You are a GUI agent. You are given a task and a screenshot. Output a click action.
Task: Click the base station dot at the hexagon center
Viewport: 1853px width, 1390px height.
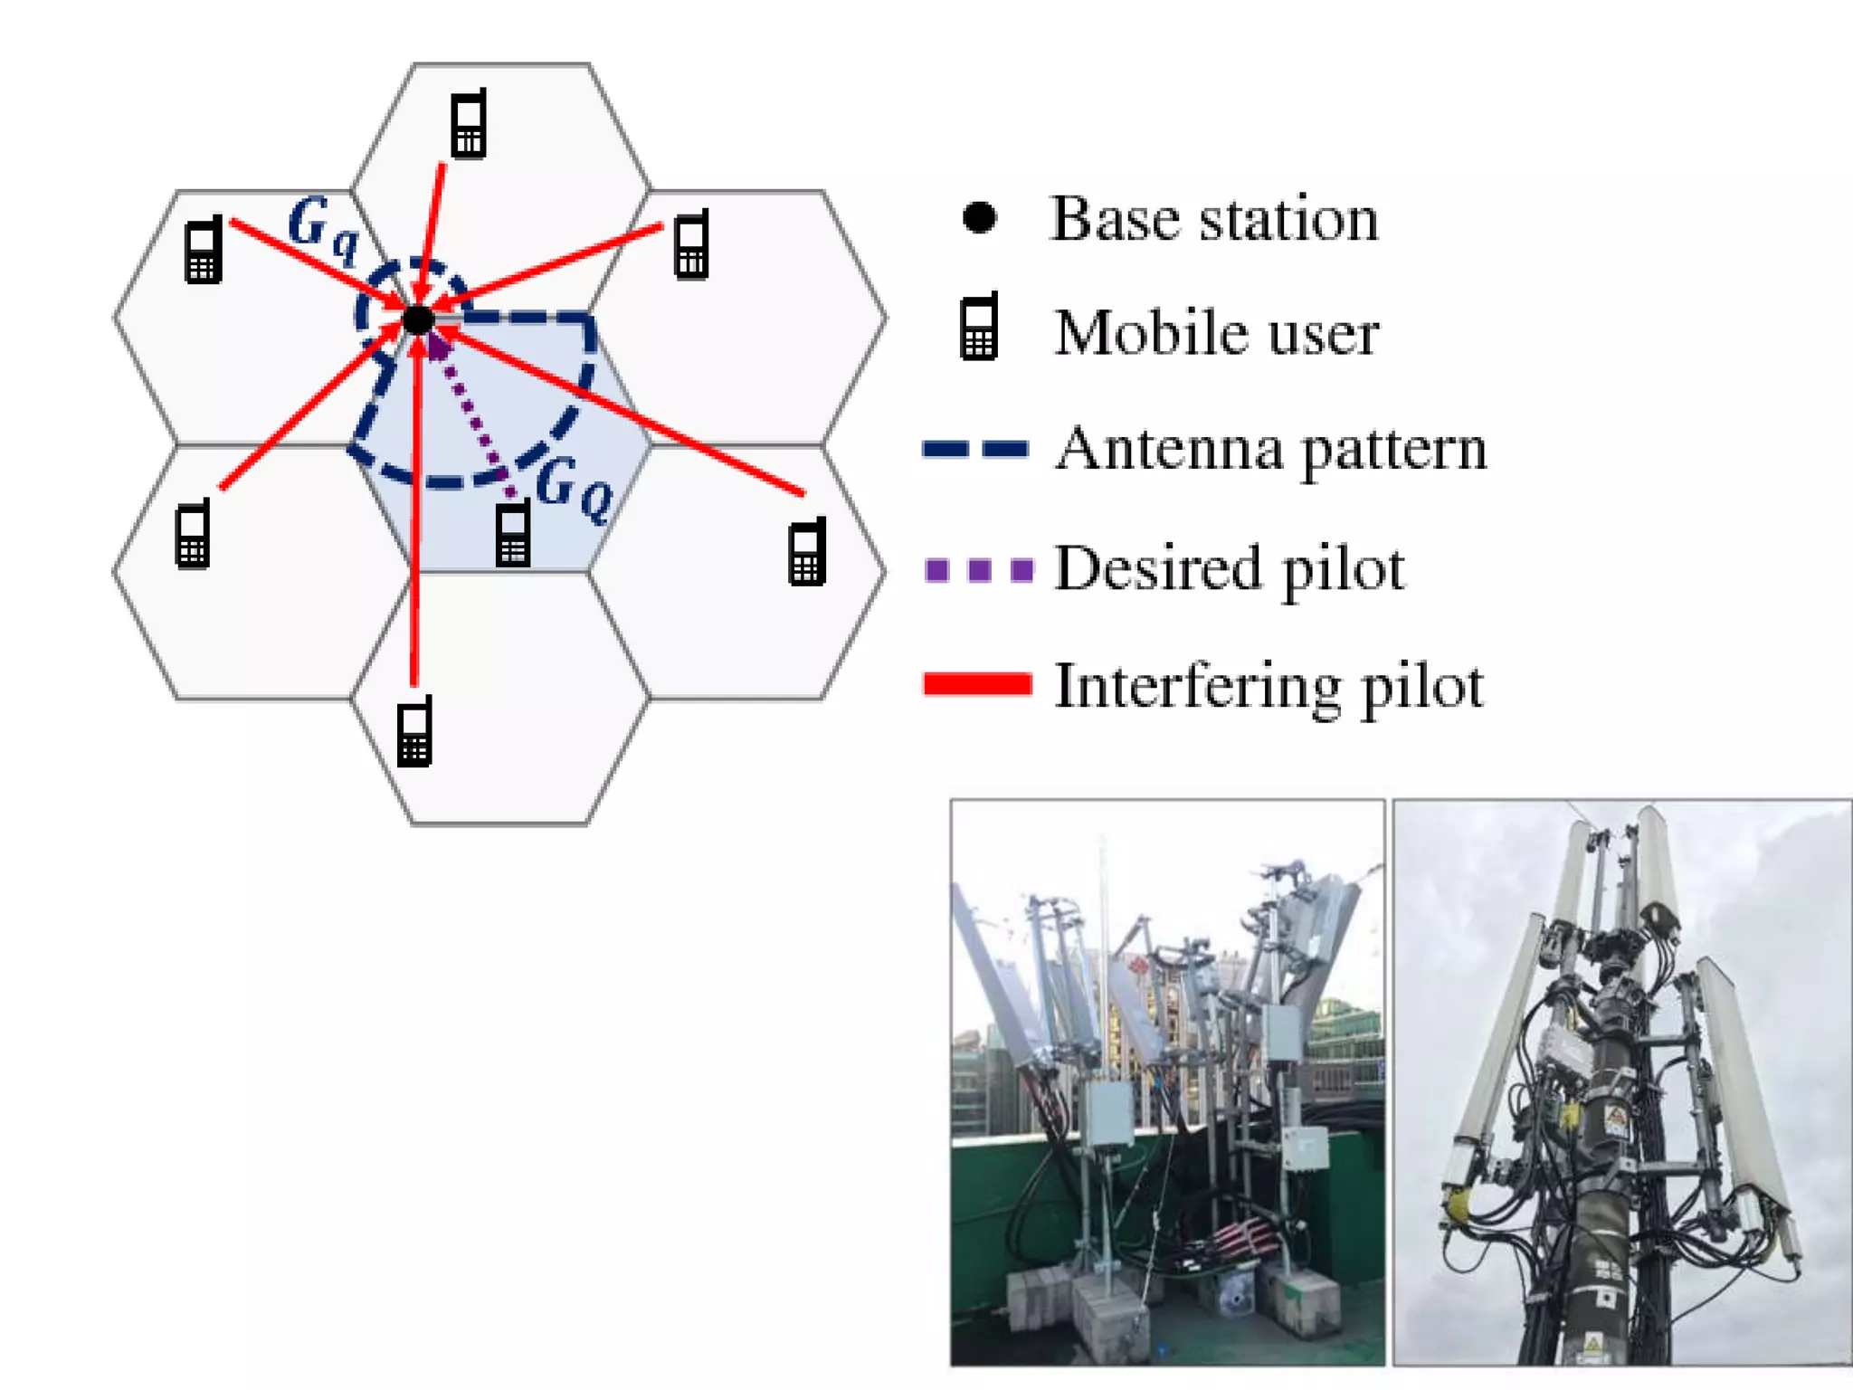pyautogui.click(x=418, y=319)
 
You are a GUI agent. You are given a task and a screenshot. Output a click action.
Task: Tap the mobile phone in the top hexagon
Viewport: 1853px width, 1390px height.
pyautogui.click(x=469, y=125)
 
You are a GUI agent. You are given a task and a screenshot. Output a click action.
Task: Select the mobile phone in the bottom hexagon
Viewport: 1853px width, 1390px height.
pyautogui.click(x=415, y=731)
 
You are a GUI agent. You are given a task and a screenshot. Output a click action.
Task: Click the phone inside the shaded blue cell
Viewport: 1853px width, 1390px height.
pyautogui.click(x=513, y=533)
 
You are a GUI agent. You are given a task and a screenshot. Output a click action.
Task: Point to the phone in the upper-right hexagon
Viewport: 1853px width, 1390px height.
pyautogui.click(x=691, y=244)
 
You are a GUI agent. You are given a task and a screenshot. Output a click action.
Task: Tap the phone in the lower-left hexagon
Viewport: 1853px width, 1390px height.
pyautogui.click(x=193, y=534)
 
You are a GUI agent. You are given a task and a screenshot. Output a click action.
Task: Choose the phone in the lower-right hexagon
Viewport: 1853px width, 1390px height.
pyautogui.click(x=807, y=551)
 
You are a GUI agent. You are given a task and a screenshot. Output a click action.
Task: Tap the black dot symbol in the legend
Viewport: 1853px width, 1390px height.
pyautogui.click(x=979, y=217)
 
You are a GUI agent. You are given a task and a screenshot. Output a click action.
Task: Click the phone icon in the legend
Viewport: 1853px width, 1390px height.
pyautogui.click(x=979, y=327)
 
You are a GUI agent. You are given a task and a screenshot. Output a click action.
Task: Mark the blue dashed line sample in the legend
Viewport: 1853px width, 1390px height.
pyautogui.click(x=975, y=449)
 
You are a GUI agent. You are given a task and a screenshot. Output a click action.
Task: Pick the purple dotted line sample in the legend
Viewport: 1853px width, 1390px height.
pyautogui.click(x=978, y=569)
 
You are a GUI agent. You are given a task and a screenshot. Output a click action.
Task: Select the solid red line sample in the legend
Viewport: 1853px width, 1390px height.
pyautogui.click(x=977, y=684)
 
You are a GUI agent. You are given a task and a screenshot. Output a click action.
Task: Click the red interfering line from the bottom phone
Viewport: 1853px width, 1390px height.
pyautogui.click(x=414, y=543)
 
